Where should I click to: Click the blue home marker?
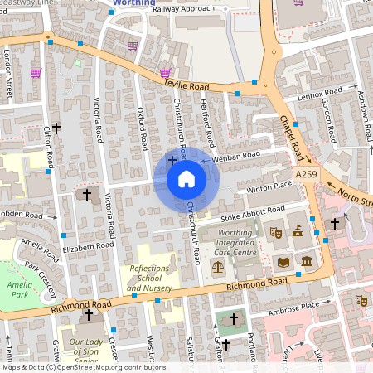click(x=186, y=178)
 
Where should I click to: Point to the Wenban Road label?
click(x=236, y=155)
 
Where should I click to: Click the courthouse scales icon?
click(x=218, y=267)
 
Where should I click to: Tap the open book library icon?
click(x=283, y=262)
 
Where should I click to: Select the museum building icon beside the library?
click(x=307, y=262)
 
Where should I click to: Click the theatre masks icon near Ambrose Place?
click(x=361, y=299)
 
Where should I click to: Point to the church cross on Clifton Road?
click(x=56, y=128)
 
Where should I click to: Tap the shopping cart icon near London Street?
click(x=36, y=73)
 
